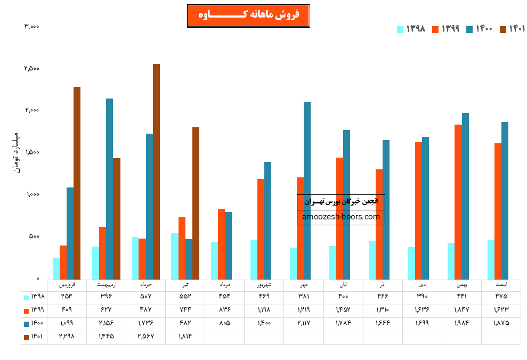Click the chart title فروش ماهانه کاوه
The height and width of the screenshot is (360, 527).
(x=248, y=15)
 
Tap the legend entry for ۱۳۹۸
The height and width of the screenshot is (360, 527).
(x=411, y=29)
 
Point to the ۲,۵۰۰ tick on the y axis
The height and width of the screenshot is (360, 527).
(x=31, y=69)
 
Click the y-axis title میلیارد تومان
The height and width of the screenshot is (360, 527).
(x=15, y=152)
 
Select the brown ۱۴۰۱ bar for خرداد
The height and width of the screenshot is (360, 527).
(x=156, y=171)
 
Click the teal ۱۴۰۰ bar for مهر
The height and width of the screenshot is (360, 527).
(x=307, y=190)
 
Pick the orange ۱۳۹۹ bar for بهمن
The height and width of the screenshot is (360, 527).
(x=458, y=202)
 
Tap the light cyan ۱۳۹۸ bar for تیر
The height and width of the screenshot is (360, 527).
(x=175, y=256)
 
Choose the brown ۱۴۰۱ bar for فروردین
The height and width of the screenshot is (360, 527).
(x=77, y=183)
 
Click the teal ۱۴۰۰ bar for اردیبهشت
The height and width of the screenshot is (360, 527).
(x=109, y=189)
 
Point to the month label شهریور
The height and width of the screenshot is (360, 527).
(x=264, y=285)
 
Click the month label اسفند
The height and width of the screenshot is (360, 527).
(x=501, y=285)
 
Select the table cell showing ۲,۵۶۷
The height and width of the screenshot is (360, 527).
(x=145, y=337)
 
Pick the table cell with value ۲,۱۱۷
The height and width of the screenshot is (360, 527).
(x=303, y=323)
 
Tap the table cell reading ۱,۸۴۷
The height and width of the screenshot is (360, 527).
(x=461, y=310)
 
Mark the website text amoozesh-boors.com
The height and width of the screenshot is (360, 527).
(x=341, y=217)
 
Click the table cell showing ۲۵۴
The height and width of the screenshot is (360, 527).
(x=67, y=297)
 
